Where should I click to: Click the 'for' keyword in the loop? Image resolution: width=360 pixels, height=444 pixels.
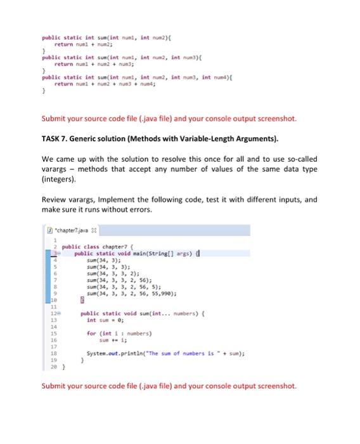[x=91, y=332]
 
